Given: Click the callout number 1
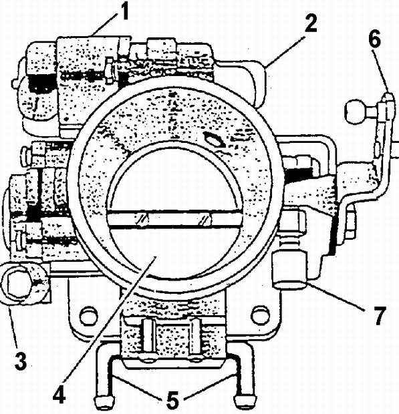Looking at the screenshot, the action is click(122, 12).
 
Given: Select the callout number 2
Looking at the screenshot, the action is click(310, 23).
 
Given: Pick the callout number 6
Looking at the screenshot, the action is click(375, 39).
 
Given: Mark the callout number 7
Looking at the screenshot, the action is click(379, 316).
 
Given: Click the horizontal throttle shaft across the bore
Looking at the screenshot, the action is click(174, 218).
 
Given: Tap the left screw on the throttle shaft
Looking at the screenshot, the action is click(142, 219).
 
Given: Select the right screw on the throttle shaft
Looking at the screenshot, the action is click(206, 219).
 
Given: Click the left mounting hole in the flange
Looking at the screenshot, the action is click(88, 316).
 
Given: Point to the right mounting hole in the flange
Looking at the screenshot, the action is click(260, 316).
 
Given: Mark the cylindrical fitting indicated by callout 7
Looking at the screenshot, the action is click(289, 269).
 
